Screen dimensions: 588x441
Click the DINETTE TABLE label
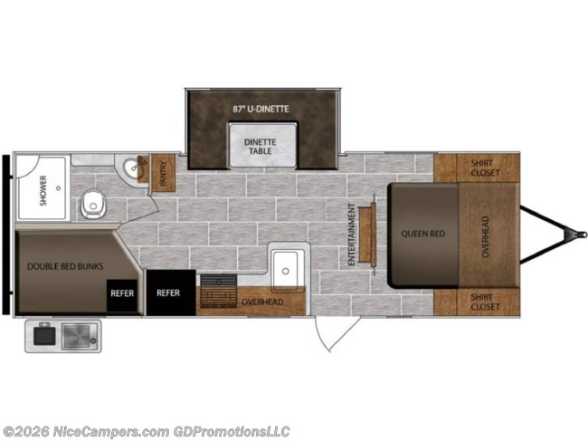[261, 147]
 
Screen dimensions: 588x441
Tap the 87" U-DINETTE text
[261, 109]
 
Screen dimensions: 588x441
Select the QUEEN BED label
[423, 234]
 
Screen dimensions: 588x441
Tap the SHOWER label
[43, 191]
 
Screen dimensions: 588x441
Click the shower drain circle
[59, 188]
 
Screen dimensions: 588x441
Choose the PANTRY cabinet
[163, 173]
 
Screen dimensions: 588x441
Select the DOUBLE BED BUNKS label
[65, 266]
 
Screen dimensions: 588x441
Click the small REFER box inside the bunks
[122, 295]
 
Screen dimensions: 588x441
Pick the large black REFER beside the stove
[171, 292]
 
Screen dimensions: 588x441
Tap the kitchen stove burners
[219, 291]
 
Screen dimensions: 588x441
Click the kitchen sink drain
[286, 271]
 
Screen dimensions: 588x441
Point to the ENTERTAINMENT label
[351, 235]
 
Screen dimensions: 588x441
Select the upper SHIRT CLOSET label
[485, 168]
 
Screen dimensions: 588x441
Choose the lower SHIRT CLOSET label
[485, 302]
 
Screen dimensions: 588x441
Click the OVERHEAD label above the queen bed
[485, 237]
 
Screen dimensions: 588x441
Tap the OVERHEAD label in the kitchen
[262, 302]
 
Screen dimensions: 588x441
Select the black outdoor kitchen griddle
[44, 336]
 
